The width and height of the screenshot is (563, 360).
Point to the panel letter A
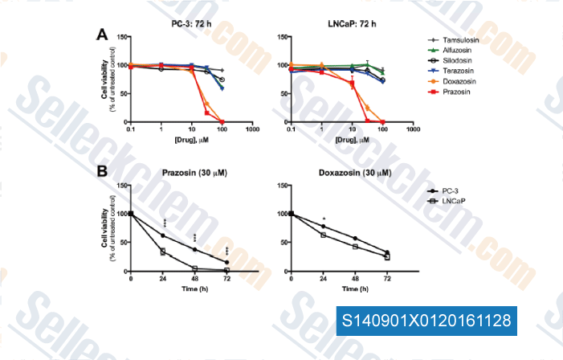tap(102, 35)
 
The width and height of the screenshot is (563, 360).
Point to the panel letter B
tap(102, 172)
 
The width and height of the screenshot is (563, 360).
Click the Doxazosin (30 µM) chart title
tap(340, 174)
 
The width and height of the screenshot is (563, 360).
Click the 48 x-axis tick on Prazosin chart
tap(195, 277)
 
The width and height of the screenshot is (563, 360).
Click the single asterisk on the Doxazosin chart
tap(323, 219)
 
